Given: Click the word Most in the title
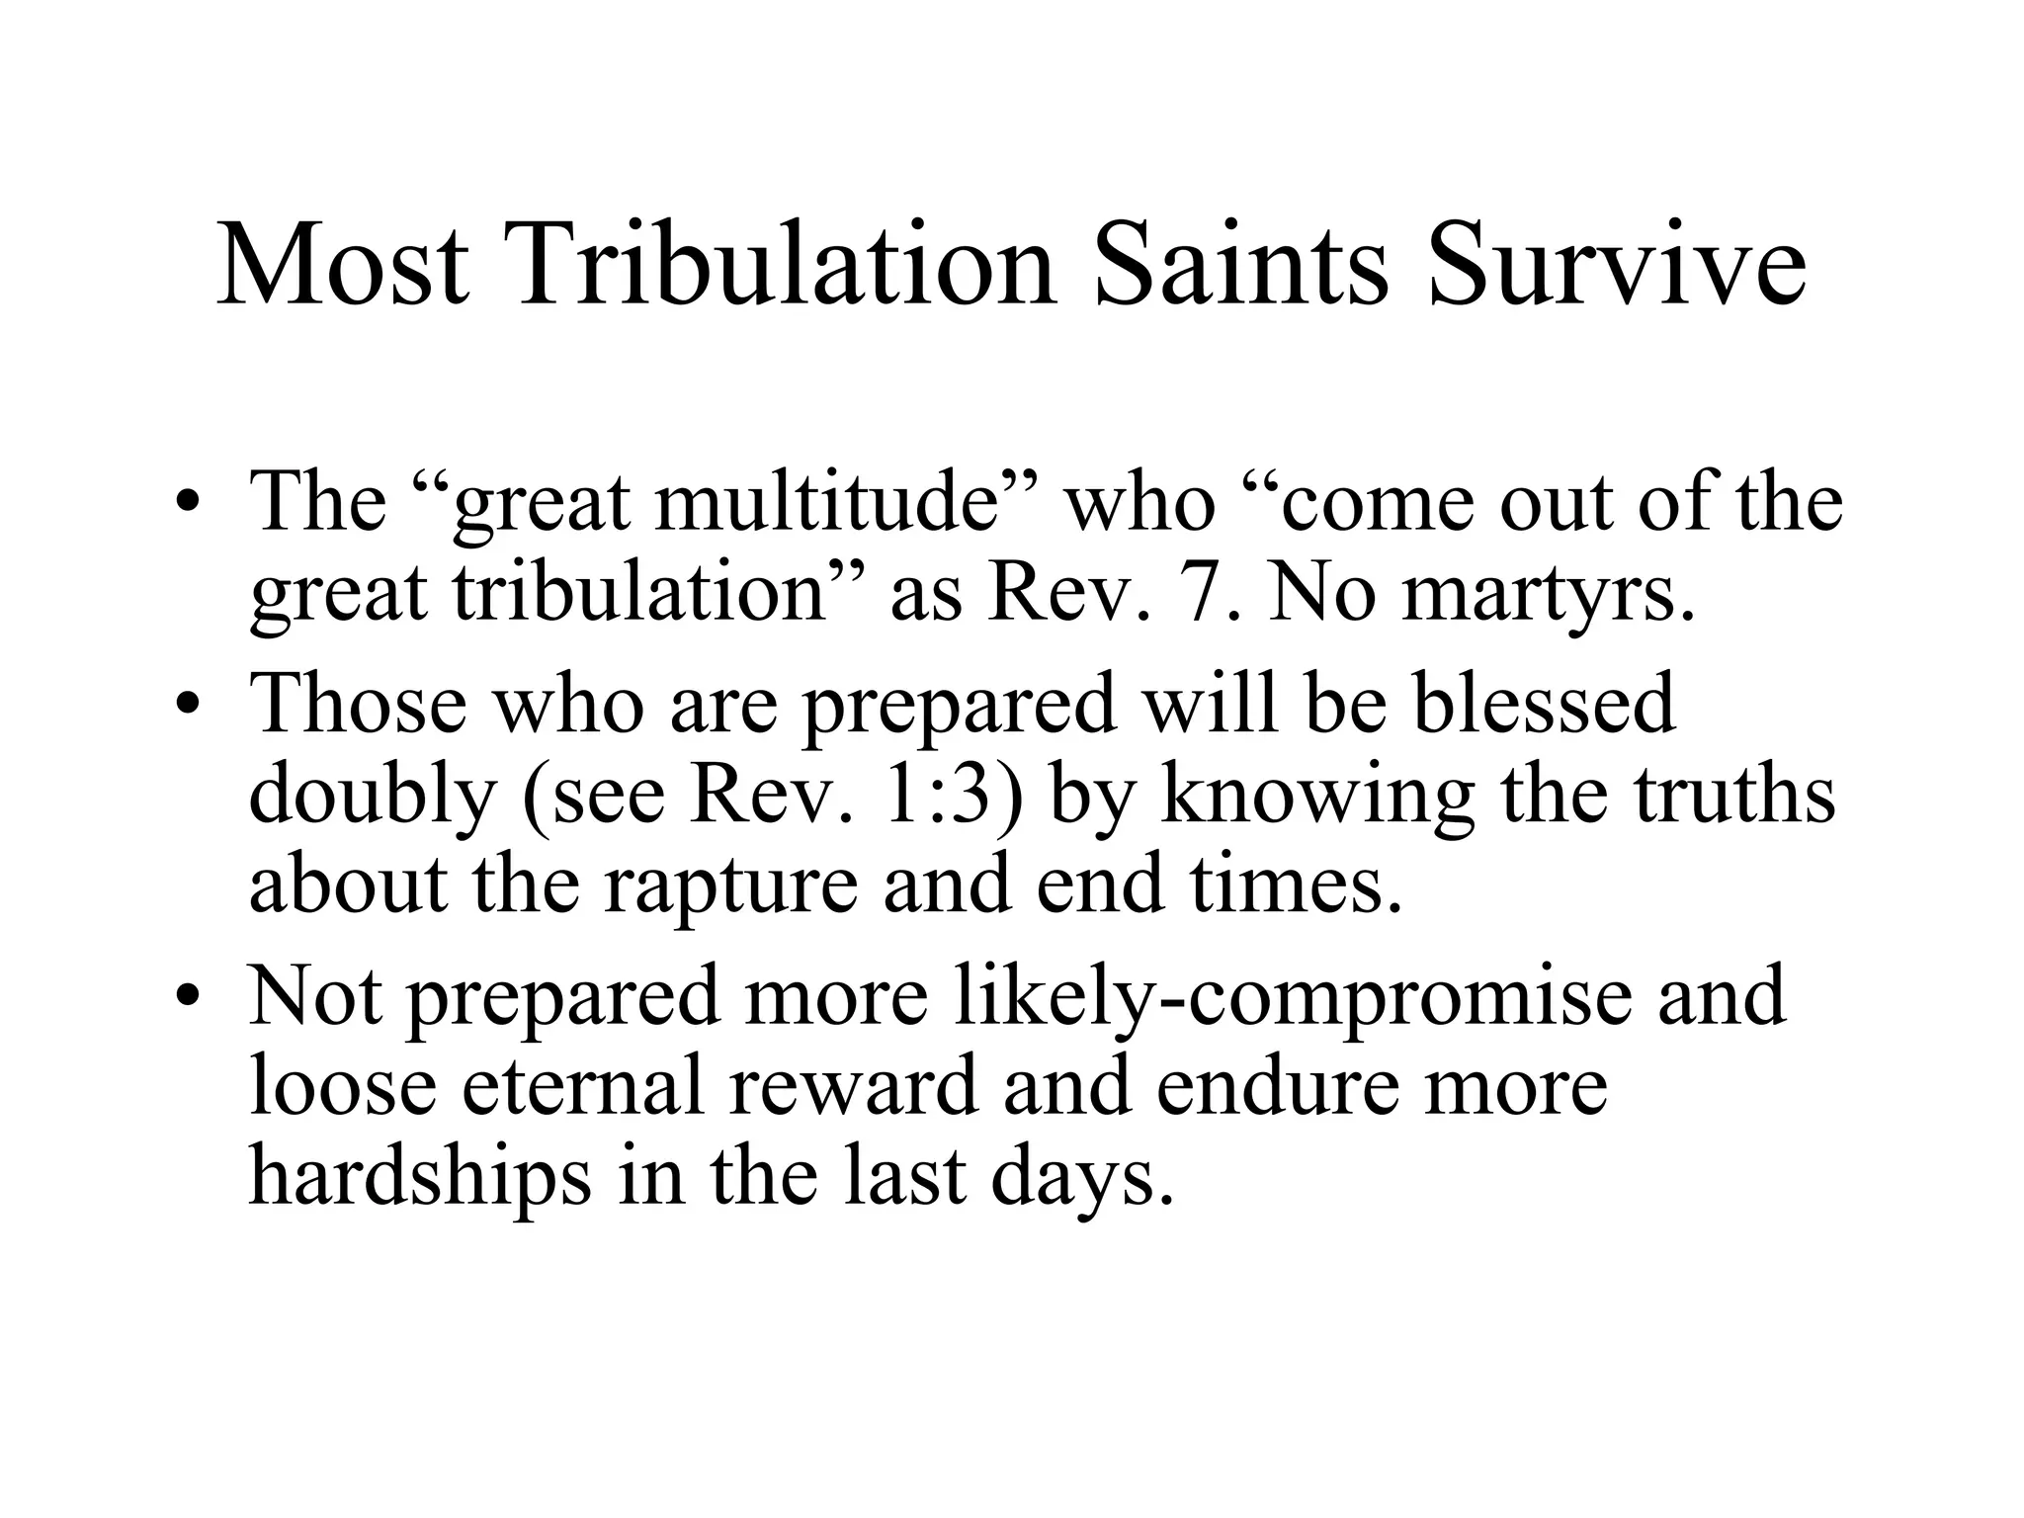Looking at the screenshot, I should pos(342,264).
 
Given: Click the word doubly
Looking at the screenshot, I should pos(372,797).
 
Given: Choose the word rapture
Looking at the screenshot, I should pos(730,885).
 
